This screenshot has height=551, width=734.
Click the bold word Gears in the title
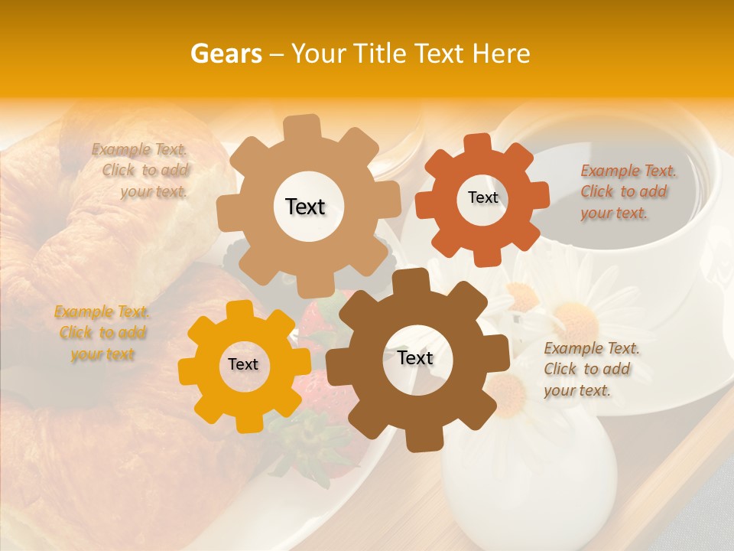226,53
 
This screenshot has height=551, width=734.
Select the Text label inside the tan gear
305,207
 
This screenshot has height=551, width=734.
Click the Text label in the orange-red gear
482,197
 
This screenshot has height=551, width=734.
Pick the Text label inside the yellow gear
243,364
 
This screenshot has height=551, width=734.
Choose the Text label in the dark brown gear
415,357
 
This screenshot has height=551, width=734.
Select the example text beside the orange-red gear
628,191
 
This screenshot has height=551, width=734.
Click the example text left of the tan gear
142,171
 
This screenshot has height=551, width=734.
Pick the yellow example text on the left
102,333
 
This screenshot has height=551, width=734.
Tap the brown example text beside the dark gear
591,369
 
